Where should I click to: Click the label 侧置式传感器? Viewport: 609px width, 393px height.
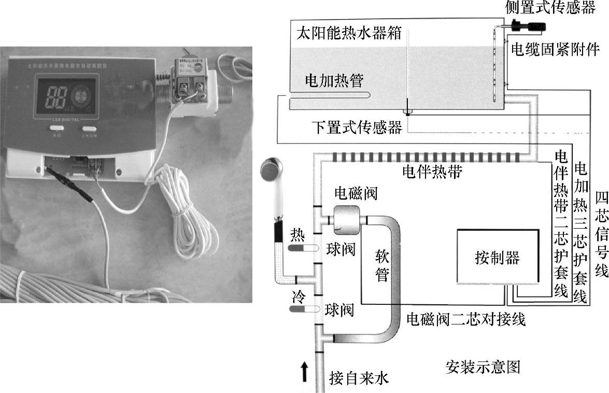pos(550,7)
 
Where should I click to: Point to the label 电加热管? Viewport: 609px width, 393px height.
pos(334,81)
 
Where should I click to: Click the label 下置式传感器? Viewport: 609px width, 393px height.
pos(357,128)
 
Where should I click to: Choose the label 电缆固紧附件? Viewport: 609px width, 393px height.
pos(555,50)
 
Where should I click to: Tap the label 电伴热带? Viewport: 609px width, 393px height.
pos(432,172)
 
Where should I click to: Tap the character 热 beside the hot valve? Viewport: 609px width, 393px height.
pos(298,233)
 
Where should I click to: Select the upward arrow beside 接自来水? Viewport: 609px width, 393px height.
pos(305,372)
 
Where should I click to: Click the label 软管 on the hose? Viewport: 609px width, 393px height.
pos(382,264)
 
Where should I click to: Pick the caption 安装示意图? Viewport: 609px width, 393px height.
pos(483,367)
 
